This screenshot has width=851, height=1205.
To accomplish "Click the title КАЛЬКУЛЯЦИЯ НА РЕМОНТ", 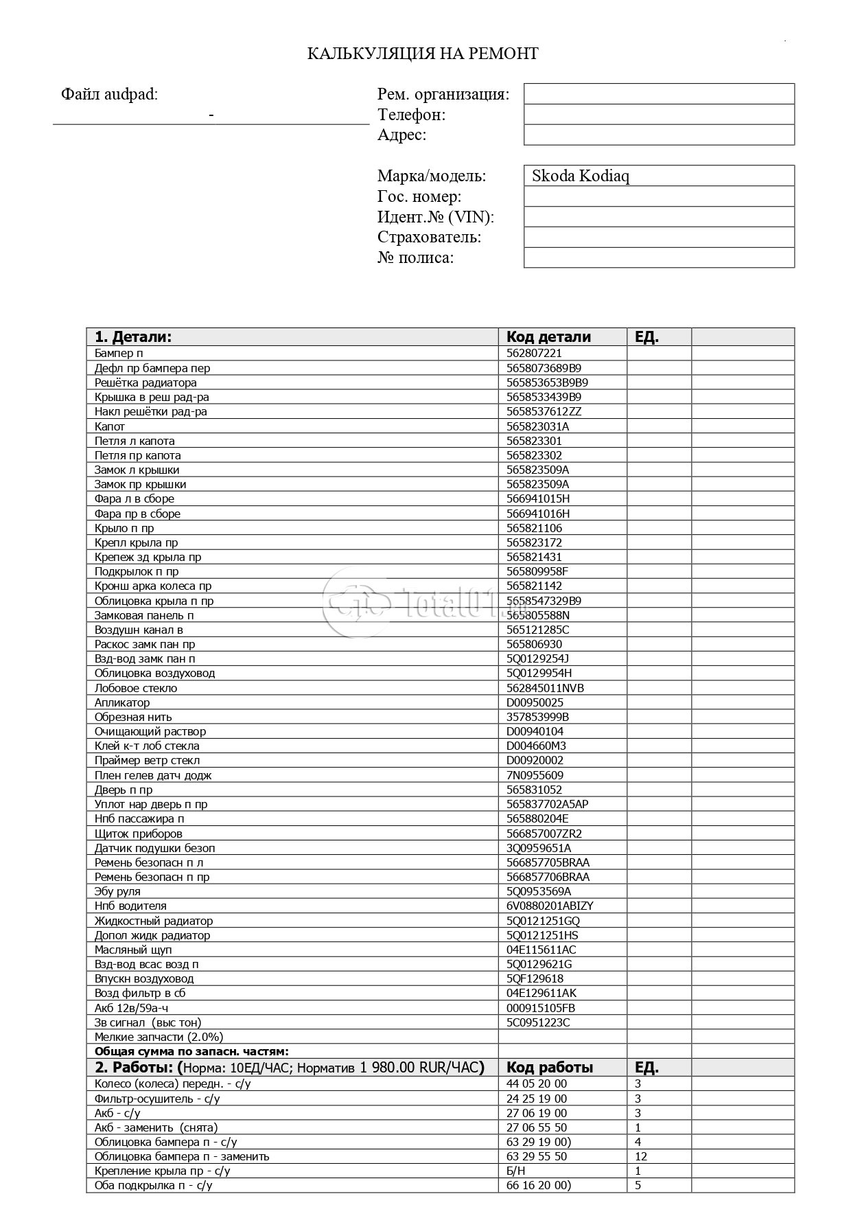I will [423, 54].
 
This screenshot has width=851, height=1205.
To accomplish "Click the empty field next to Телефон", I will [658, 114].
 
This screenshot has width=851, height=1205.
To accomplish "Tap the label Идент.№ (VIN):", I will [436, 217].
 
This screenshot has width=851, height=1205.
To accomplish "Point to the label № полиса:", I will [416, 258].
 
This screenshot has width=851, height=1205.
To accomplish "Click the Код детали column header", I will [548, 336].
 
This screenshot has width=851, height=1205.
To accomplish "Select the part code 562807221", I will [534, 353].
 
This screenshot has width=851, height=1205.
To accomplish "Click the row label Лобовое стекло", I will [136, 688].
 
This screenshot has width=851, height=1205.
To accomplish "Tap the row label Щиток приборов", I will [139, 834].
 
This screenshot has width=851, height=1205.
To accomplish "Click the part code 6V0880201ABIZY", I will [550, 906].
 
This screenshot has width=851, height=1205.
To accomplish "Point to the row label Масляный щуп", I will [133, 950].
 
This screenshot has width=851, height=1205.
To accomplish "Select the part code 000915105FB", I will [541, 1008].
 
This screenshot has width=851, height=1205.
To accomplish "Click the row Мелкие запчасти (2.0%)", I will [159, 1037].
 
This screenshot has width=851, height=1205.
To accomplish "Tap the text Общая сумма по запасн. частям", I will [191, 1051].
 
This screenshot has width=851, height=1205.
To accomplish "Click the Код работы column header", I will [550, 1067].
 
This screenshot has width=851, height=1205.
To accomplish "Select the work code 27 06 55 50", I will [537, 1127].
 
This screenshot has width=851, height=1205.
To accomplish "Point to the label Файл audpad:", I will [109, 94].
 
